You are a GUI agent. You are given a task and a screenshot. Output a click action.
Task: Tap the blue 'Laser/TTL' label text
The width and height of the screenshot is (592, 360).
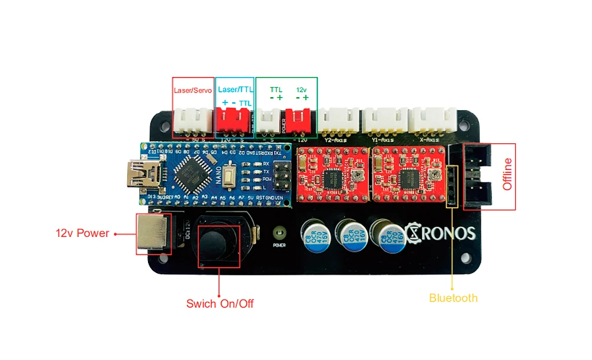coord(234,89)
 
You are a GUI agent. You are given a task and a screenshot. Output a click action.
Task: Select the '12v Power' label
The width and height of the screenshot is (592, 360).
coord(83,233)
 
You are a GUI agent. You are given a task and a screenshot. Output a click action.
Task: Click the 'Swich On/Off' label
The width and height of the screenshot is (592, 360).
coord(220,304)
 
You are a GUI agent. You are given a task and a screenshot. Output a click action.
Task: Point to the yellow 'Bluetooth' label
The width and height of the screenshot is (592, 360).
coord(453,298)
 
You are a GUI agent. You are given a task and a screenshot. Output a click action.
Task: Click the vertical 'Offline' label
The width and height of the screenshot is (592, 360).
coord(507,176)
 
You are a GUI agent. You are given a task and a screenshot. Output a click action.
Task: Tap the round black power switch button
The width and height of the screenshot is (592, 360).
coord(220,242)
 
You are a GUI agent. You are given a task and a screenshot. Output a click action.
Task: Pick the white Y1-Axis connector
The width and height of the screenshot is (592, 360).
coord(385,121)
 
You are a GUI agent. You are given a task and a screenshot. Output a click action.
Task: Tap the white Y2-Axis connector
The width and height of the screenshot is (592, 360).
coord(339,121)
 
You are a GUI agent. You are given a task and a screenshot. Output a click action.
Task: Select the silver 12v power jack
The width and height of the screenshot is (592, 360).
coord(152,233)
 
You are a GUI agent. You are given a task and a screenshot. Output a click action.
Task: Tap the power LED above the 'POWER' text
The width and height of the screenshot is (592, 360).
coord(279,232)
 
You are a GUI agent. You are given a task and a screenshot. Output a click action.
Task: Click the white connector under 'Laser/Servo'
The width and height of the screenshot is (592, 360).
coord(193,121)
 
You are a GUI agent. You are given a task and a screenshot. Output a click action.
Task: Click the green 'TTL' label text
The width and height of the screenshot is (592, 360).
coord(276,89)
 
